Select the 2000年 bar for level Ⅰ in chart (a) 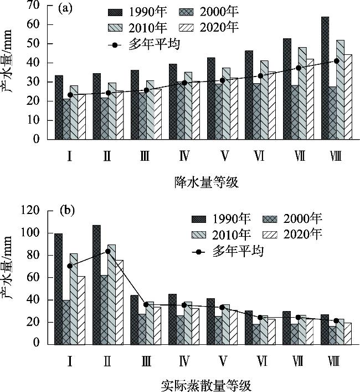pyautogui.click(x=66, y=119)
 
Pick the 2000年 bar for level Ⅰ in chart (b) pyautogui.click(x=66, y=322)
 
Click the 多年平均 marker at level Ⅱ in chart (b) pyautogui.click(x=108, y=252)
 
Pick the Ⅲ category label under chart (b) pyautogui.click(x=146, y=360)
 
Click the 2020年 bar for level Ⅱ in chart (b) pyautogui.click(x=120, y=301)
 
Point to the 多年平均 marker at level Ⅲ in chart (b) pyautogui.click(x=146, y=304)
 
